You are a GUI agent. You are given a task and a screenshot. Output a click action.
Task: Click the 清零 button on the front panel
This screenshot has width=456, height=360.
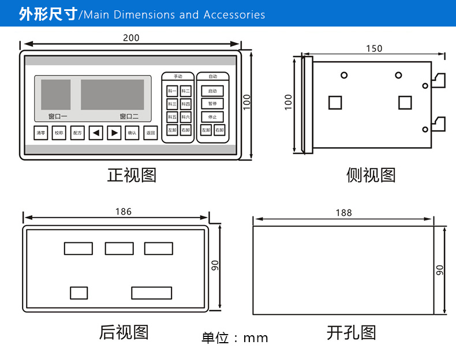click(40, 133)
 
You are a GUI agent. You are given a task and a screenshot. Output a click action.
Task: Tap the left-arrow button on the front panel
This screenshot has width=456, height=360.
click(96, 133)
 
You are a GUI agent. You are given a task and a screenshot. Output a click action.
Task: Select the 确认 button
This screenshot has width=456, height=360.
click(132, 133)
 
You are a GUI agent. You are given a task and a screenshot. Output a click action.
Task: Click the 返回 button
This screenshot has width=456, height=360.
click(151, 133)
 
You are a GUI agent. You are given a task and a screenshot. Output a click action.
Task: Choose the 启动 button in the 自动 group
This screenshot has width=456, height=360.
click(212, 91)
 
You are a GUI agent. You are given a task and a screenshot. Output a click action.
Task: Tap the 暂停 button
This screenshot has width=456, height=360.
click(212, 104)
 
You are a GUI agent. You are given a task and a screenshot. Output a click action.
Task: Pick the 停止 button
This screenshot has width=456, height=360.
click(212, 117)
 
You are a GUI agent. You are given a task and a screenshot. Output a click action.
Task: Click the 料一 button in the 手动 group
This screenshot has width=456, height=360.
click(172, 91)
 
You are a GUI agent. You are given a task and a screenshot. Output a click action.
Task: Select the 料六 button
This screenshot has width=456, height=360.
click(185, 117)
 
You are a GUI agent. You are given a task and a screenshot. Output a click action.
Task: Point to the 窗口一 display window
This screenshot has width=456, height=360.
click(56, 95)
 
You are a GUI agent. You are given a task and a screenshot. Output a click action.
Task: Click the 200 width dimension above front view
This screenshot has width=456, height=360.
click(131, 38)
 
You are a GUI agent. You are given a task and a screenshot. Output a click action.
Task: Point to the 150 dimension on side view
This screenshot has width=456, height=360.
click(373, 48)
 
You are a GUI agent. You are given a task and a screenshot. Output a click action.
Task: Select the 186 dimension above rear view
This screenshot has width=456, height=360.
click(123, 211)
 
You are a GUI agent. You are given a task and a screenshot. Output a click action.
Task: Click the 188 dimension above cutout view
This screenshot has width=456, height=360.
click(343, 212)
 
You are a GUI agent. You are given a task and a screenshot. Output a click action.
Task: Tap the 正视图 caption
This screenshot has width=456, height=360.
click(132, 175)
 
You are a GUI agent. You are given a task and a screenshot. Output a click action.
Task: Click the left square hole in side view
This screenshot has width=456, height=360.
click(335, 103)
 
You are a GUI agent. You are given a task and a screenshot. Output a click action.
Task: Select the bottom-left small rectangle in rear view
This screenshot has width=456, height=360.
click(79, 293)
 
